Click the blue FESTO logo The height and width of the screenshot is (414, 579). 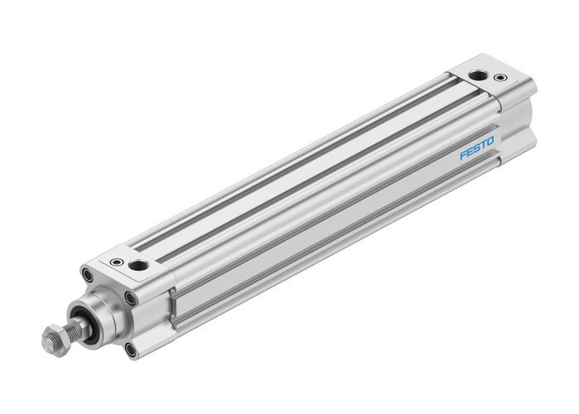[476, 148]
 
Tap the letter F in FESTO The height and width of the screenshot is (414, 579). [462, 155]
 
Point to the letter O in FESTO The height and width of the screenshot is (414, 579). [490, 142]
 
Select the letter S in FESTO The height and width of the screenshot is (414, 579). [476, 148]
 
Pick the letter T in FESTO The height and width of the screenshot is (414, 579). [483, 145]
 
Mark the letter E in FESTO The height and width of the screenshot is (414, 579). [469, 152]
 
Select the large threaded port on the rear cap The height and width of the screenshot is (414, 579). [477, 75]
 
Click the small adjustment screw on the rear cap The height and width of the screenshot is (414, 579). [500, 79]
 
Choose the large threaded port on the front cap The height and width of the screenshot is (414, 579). [140, 266]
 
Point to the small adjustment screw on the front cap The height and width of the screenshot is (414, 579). [117, 262]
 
